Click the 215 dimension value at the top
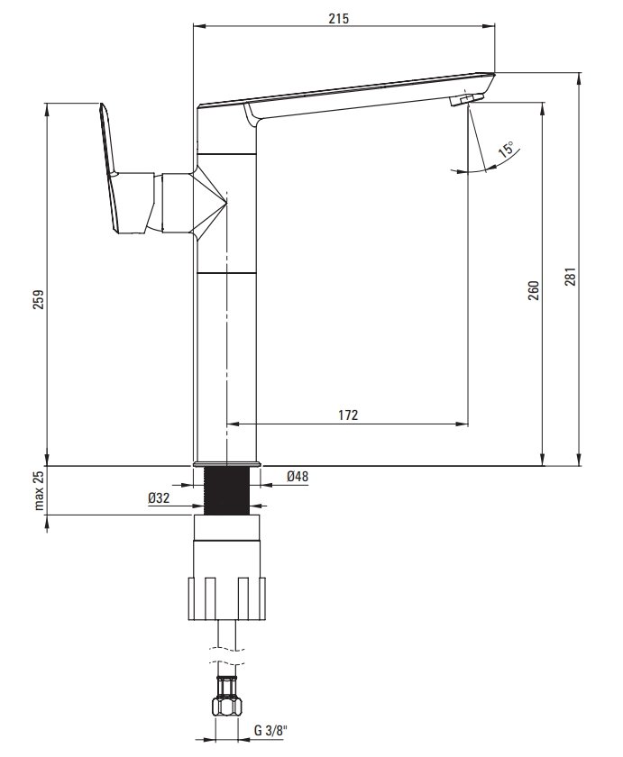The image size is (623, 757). click(338, 18)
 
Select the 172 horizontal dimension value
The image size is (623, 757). click(348, 415)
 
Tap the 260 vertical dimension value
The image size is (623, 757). click(533, 290)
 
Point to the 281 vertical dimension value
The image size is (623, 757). click(571, 276)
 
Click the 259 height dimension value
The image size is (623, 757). click(39, 299)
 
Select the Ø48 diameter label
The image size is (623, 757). click(298, 476)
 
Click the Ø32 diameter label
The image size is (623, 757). click(160, 497)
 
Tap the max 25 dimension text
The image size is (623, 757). click(39, 490)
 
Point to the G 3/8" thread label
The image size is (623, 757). click(270, 730)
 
